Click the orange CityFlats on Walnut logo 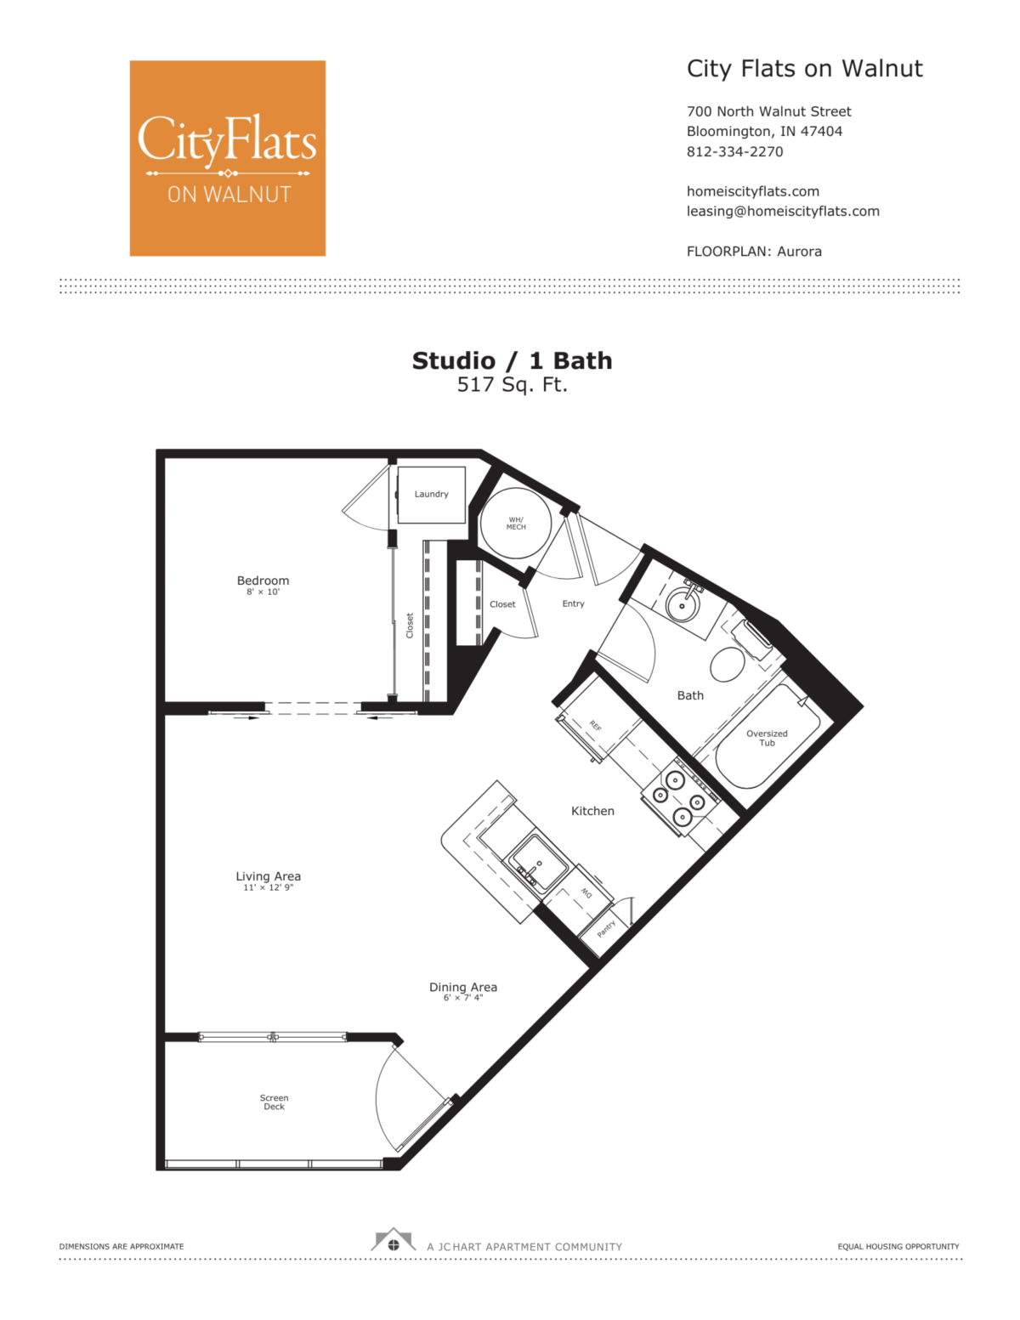pyautogui.click(x=227, y=158)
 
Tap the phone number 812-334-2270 pyautogui.click(x=734, y=151)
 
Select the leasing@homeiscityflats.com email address pyautogui.click(x=783, y=212)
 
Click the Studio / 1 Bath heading pyautogui.click(x=512, y=361)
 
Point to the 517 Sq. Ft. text pyautogui.click(x=512, y=384)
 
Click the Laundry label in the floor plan pyautogui.click(x=431, y=495)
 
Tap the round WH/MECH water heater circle pyautogui.click(x=515, y=523)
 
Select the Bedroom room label pyautogui.click(x=263, y=581)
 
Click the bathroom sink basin pyautogui.click(x=683, y=604)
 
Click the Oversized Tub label pyautogui.click(x=767, y=738)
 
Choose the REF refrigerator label pyautogui.click(x=595, y=725)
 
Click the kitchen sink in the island pyautogui.click(x=538, y=864)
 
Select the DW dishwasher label pyautogui.click(x=586, y=893)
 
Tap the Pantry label pyautogui.click(x=606, y=928)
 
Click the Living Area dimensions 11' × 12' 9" pyautogui.click(x=268, y=887)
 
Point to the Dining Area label pyautogui.click(x=463, y=987)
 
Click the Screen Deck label pyautogui.click(x=274, y=1102)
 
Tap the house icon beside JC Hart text pyautogui.click(x=393, y=1239)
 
